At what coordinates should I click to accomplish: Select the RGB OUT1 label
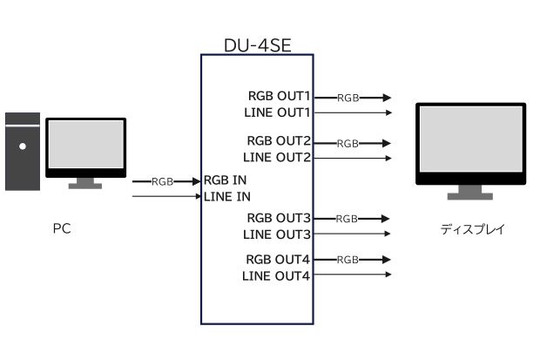pyautogui.click(x=279, y=96)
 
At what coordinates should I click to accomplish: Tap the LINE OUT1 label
pyautogui.click(x=276, y=112)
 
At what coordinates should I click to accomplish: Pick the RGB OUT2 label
pyautogui.click(x=279, y=141)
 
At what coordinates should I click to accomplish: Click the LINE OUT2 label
pyautogui.click(x=276, y=157)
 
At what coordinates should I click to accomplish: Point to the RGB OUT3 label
pyautogui.click(x=279, y=217)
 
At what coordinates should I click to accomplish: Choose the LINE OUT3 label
pyautogui.click(x=276, y=234)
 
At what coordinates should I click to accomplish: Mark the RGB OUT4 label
pyautogui.click(x=279, y=260)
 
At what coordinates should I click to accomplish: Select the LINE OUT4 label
pyautogui.click(x=276, y=276)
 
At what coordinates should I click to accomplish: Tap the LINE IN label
pyautogui.click(x=227, y=196)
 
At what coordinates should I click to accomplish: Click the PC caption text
pyautogui.click(x=61, y=230)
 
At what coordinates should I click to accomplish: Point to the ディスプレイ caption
pyautogui.click(x=472, y=230)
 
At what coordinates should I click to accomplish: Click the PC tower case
pyautogui.click(x=22, y=151)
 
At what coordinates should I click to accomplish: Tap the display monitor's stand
pyautogui.click(x=471, y=193)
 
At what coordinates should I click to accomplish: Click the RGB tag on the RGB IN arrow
pyautogui.click(x=162, y=181)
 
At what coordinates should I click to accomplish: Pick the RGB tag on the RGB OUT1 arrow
pyautogui.click(x=348, y=98)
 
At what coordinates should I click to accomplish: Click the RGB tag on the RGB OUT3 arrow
pyautogui.click(x=348, y=219)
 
